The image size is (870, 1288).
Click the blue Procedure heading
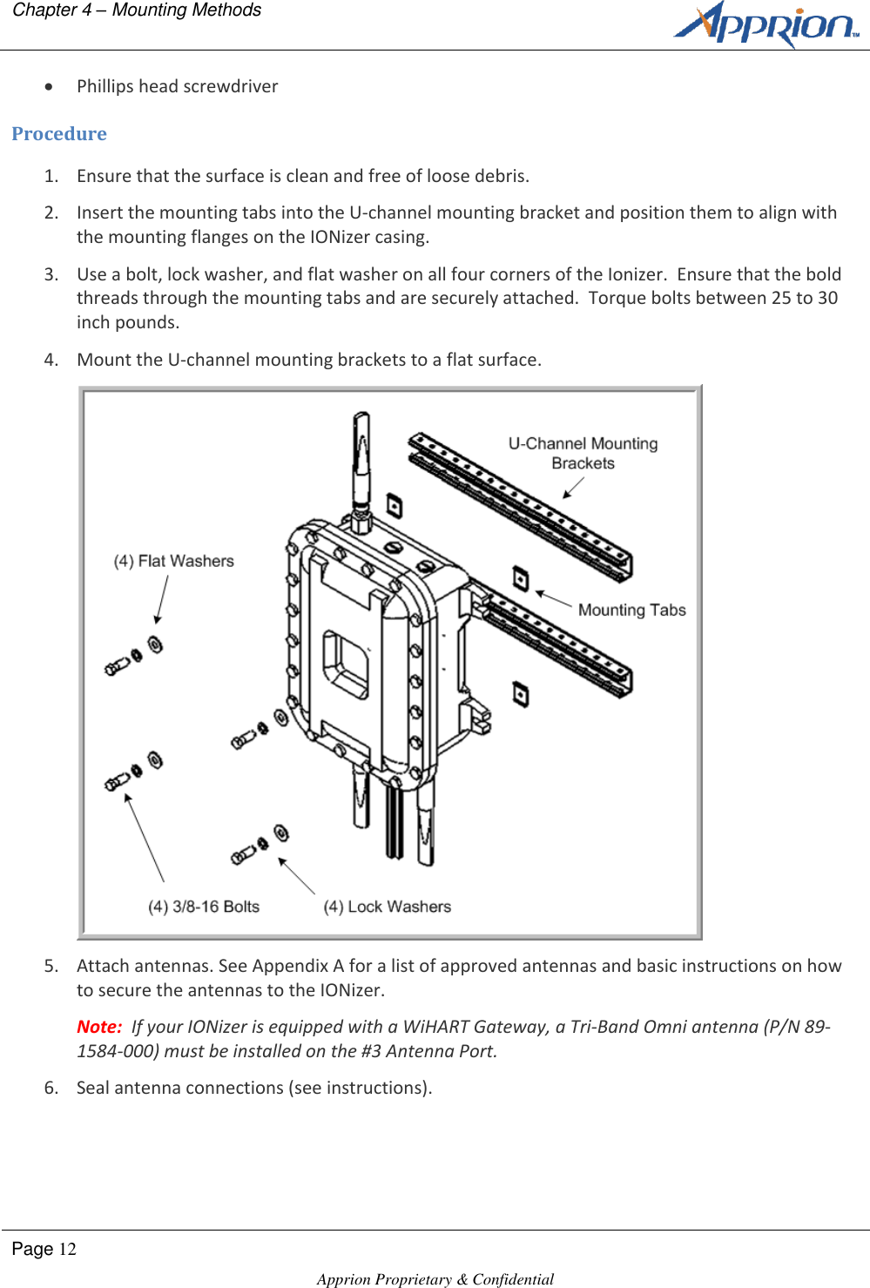(59, 134)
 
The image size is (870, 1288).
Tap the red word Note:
(99, 1027)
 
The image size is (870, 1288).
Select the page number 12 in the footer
(67, 1250)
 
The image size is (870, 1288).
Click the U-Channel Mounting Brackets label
(583, 453)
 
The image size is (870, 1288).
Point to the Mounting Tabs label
(631, 610)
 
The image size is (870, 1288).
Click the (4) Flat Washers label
(174, 561)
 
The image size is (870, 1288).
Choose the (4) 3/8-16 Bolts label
(204, 907)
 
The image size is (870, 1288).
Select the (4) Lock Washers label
(388, 907)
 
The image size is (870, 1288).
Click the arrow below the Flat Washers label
(161, 600)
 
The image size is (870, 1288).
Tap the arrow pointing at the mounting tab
(553, 598)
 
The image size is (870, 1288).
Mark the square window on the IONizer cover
(346, 664)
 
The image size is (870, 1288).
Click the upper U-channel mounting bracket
(520, 506)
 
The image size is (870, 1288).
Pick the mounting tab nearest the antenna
(394, 506)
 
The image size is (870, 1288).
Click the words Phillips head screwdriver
(178, 86)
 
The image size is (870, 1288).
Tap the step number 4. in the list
(51, 360)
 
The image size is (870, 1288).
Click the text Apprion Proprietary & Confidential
(435, 1278)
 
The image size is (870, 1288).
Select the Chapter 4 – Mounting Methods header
(137, 10)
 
